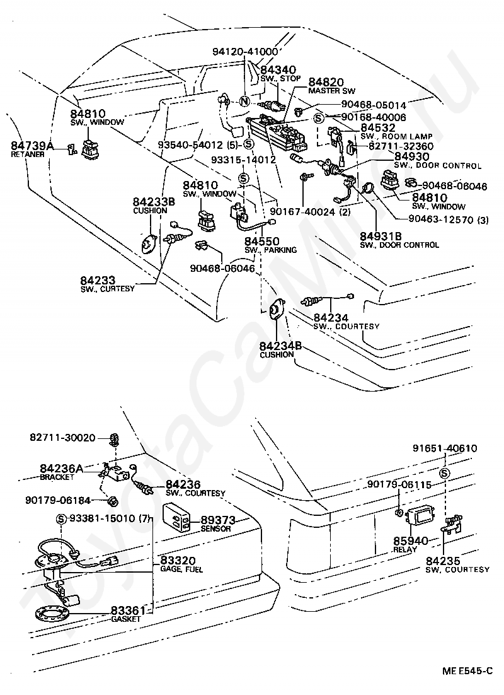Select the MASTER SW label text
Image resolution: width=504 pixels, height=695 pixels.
[x=327, y=91]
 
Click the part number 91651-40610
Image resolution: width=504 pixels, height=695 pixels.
[x=445, y=449]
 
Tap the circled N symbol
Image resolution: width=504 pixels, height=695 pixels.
[x=244, y=102]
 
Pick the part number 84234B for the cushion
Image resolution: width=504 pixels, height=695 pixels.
[x=280, y=346]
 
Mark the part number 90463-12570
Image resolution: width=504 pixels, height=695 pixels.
[x=435, y=219]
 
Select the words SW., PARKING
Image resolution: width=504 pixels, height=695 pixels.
[x=271, y=250]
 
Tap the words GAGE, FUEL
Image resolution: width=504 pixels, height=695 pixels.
[x=179, y=569]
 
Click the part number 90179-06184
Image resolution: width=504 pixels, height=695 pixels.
[x=58, y=501]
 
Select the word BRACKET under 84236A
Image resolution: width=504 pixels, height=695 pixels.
[x=57, y=477]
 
